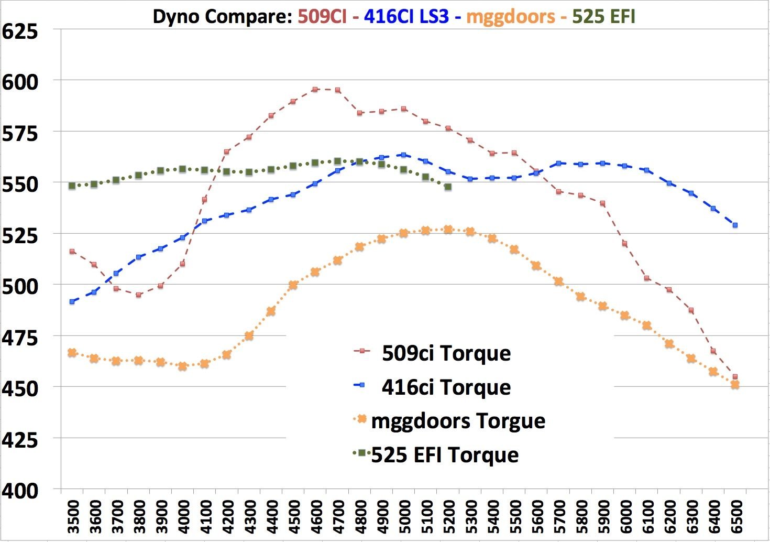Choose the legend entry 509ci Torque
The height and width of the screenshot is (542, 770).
tap(446, 353)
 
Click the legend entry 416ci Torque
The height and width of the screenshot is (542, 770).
tap(446, 387)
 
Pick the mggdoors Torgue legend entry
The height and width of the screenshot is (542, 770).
tap(458, 421)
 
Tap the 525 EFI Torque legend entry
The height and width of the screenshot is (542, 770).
tap(445, 455)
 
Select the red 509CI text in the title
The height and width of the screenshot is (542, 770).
tap(322, 17)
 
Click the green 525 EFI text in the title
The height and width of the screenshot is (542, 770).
tap(603, 17)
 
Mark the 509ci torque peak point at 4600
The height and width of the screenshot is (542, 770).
tap(315, 90)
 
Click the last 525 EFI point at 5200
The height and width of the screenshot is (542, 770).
tap(448, 187)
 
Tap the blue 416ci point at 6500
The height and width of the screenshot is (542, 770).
tap(735, 225)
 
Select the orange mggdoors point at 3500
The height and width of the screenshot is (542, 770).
tap(72, 353)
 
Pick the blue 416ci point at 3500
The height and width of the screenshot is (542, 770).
tap(72, 301)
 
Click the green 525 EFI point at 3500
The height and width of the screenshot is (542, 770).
tap(72, 186)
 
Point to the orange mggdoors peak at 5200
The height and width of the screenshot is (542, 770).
tap(448, 230)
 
